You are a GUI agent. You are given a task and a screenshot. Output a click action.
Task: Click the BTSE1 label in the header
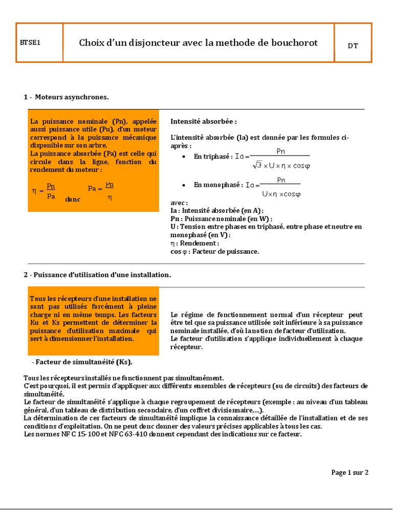(x=30, y=43)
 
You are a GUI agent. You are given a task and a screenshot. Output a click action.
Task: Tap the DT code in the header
(x=353, y=46)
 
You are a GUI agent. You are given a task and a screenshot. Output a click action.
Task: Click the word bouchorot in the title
(x=294, y=43)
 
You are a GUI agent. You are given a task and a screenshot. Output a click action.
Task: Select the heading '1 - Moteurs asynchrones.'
(x=66, y=97)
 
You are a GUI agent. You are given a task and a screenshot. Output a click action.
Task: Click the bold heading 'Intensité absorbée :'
(x=203, y=122)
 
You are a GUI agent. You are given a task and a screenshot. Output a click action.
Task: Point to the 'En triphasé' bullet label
(x=212, y=157)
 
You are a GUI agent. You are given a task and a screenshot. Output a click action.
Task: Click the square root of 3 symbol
(x=257, y=165)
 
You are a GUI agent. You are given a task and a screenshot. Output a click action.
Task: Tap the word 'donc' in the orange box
(x=73, y=199)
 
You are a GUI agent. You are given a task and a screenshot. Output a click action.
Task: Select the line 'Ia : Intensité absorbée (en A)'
(x=217, y=210)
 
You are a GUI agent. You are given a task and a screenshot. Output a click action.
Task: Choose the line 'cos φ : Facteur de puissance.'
(x=214, y=251)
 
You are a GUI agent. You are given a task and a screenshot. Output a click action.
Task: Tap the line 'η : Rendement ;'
(x=194, y=243)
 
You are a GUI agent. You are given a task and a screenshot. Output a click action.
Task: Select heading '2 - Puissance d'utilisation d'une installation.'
(x=97, y=275)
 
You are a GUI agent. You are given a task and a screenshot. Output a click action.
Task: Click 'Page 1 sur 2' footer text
(x=350, y=472)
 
